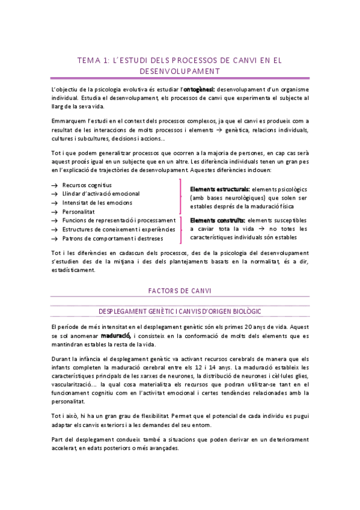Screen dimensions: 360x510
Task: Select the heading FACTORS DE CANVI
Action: click(180, 290)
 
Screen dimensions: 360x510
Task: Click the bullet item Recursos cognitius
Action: click(87, 185)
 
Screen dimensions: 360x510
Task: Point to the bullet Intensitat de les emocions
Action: click(97, 203)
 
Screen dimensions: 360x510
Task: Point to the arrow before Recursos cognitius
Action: click(55, 185)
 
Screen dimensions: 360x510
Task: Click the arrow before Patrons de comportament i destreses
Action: click(55, 239)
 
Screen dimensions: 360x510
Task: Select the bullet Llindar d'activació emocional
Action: click(100, 194)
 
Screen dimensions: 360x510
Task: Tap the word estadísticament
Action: click(73, 270)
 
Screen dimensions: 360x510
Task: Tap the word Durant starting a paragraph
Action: click(62, 357)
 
